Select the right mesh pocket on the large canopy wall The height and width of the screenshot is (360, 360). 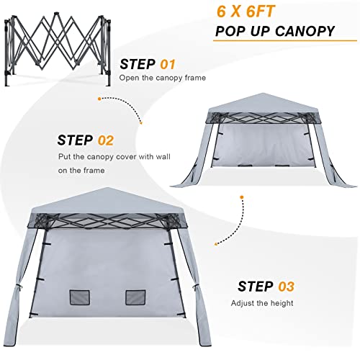pyautogui.click(x=136, y=297)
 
